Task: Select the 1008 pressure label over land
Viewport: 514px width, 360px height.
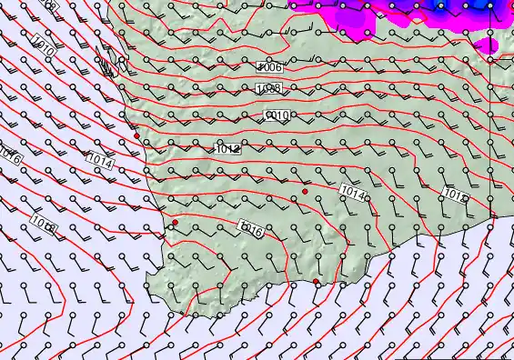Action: point(268,88)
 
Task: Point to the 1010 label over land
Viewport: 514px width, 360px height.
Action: point(277,115)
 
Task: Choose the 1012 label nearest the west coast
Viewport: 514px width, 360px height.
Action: point(227,147)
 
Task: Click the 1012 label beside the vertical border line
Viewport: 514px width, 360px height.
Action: point(456,194)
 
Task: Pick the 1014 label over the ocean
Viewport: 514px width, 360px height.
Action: point(100,162)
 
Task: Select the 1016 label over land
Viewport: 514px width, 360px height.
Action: point(251,231)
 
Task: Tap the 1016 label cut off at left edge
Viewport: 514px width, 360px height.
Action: point(9,152)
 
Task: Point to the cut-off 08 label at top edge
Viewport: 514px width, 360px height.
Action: point(49,5)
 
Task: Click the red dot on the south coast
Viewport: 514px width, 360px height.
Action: point(317,282)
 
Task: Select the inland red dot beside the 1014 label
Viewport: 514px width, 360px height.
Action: point(306,194)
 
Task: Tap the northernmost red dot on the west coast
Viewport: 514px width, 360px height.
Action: point(136,136)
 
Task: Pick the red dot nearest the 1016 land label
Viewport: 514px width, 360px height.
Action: point(175,222)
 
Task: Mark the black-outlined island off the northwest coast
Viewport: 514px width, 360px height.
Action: point(108,66)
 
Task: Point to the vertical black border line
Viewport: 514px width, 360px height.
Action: point(489,136)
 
